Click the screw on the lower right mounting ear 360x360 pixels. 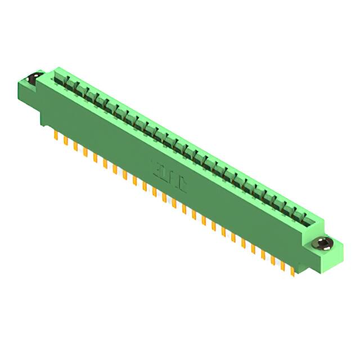pos(322,244)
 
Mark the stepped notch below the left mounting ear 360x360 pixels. pos(43,116)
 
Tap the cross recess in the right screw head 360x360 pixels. pos(322,244)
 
